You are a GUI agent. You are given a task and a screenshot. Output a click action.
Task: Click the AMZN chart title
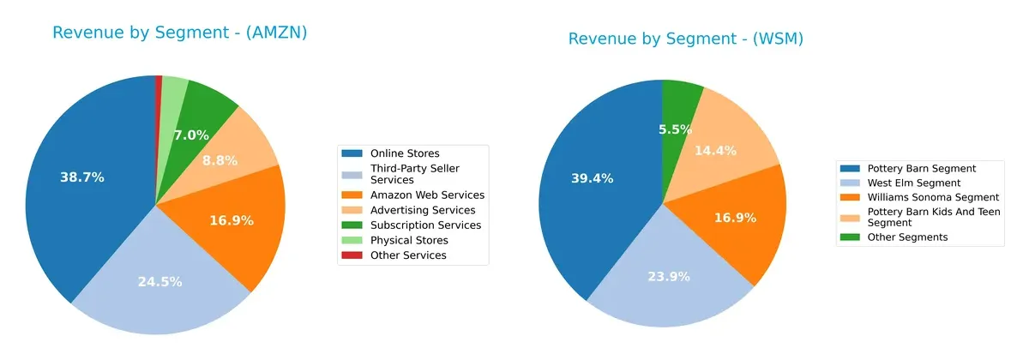pos(179,33)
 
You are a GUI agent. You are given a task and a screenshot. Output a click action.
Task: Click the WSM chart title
pos(685,39)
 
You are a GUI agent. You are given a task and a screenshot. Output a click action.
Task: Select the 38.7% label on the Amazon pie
pos(82,177)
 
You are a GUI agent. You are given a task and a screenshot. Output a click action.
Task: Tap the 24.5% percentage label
pos(159,281)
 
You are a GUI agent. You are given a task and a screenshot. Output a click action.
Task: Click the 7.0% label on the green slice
pos(190,135)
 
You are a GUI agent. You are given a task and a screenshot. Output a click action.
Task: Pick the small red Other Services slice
pos(159,83)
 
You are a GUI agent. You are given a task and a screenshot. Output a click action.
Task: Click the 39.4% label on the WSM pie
pos(593,178)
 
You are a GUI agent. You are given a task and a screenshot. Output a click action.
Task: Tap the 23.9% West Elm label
pos(667,277)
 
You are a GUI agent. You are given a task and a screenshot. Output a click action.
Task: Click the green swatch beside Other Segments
pos(851,237)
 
